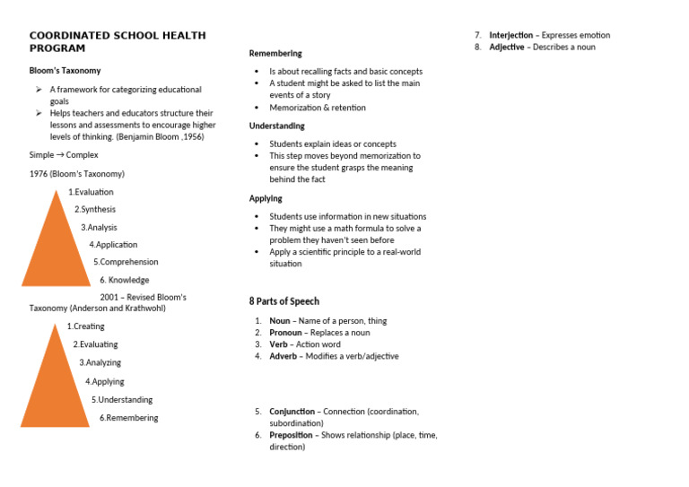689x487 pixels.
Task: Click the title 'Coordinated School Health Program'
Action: [118, 41]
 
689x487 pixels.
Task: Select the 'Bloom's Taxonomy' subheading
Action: [65, 70]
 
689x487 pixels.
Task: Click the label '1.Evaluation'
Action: [91, 192]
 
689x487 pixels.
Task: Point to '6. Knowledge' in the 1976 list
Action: [124, 280]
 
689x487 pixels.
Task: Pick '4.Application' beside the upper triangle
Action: [113, 245]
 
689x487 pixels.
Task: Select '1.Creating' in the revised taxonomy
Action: [85, 326]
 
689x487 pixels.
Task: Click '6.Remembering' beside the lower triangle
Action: [128, 418]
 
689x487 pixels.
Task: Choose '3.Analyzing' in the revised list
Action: [100, 363]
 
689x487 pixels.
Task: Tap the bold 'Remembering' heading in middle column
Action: [275, 54]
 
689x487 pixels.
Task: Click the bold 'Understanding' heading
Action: [276, 126]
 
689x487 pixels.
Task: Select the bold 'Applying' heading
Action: [266, 198]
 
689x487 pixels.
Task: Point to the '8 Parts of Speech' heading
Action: [283, 301]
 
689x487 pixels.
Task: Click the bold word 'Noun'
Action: [280, 321]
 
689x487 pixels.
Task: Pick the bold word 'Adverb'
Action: [283, 356]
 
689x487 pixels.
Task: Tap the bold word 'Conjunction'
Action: [291, 412]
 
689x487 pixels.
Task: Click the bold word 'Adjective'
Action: [507, 47]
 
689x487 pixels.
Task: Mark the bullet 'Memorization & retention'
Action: [318, 108]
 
